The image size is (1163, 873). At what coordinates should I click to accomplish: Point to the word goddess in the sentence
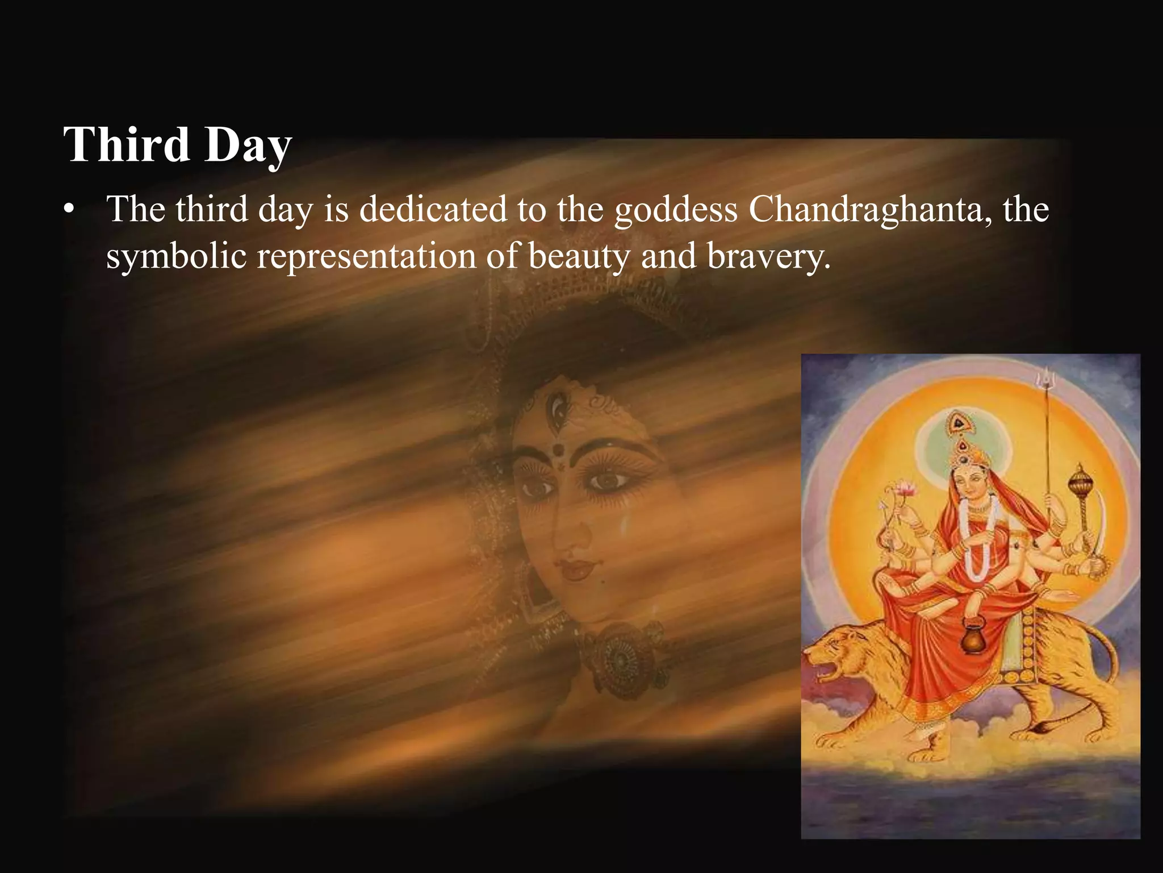(676, 210)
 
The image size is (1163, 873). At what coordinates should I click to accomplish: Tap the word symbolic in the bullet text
(176, 257)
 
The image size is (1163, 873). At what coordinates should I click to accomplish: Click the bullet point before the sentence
(69, 210)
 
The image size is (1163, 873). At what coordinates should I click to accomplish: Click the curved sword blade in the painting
(1102, 523)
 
